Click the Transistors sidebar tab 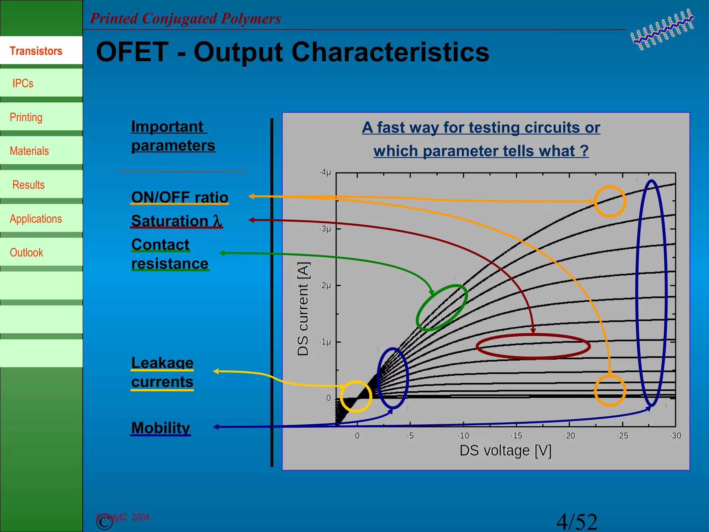click(36, 51)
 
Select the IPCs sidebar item click(23, 83)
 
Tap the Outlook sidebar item click(26, 252)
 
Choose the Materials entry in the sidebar click(29, 151)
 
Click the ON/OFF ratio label click(180, 197)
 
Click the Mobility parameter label click(161, 428)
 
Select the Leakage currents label click(162, 372)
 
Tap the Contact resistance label click(170, 254)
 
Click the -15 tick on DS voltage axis click(516, 436)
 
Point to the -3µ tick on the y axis click(325, 229)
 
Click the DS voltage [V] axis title click(505, 451)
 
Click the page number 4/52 click(577, 522)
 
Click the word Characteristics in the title click(390, 52)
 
